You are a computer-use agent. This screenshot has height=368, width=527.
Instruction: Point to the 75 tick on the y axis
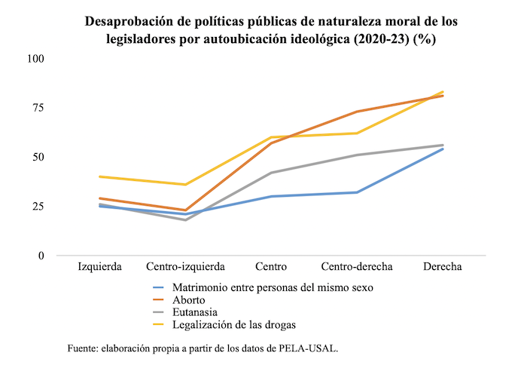tap(37, 108)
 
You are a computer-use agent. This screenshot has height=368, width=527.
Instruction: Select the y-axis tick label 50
tap(37, 157)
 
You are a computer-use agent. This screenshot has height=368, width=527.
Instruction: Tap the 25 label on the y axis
tap(37, 207)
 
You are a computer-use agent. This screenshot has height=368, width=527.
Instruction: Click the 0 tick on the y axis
tap(41, 256)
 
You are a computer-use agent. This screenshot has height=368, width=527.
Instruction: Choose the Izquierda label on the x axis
tap(100, 268)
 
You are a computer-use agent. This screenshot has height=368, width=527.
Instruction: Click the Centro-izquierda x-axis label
tap(185, 268)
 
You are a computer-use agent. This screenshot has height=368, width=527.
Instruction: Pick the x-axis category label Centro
tap(271, 268)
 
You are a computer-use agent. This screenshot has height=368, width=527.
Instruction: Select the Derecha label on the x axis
tap(442, 268)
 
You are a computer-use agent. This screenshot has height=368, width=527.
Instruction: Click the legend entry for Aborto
tap(189, 300)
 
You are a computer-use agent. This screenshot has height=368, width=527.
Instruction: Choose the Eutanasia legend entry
tap(195, 312)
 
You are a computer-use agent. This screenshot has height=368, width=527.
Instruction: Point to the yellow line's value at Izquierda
tap(100, 176)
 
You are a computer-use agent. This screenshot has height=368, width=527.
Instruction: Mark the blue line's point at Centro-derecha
tap(356, 192)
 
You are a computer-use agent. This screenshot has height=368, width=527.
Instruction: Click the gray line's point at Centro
tap(271, 173)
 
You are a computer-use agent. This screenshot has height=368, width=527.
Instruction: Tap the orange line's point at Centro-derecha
tap(356, 112)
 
